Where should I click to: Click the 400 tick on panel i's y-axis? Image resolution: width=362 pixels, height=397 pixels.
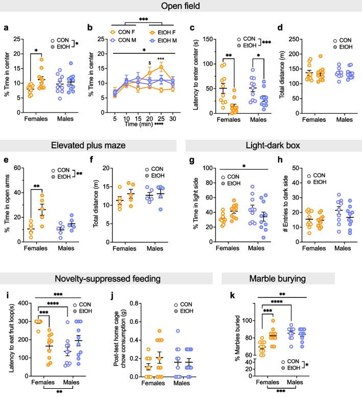pos(22,304)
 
